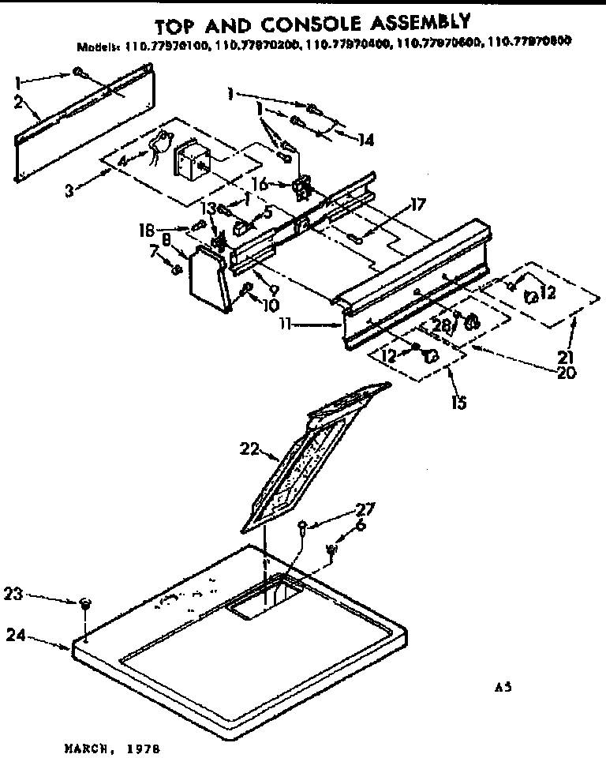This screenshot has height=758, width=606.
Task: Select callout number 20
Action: [x=566, y=372]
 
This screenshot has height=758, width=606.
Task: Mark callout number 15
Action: [x=458, y=402]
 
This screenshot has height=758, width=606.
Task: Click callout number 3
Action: [x=72, y=189]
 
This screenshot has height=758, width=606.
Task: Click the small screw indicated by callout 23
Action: [x=84, y=604]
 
